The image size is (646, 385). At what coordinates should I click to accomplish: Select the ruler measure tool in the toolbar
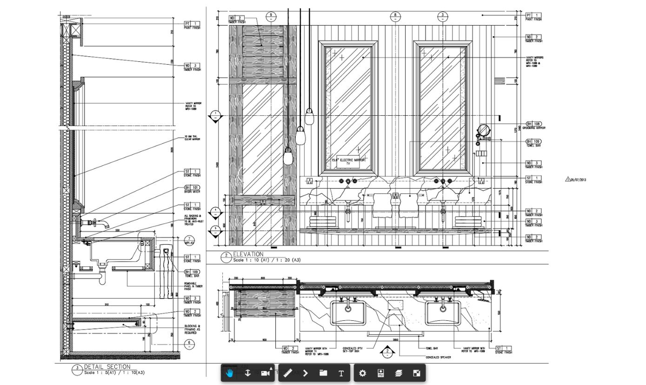[287, 373]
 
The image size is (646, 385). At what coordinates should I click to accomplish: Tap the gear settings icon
[363, 373]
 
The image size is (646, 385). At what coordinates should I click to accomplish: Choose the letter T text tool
[341, 373]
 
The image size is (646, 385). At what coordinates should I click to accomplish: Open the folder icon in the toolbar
[323, 373]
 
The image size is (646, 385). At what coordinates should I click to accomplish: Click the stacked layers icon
[399, 373]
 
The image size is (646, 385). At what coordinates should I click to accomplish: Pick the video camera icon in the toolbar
[266, 373]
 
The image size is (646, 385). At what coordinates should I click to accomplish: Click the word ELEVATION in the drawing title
[248, 254]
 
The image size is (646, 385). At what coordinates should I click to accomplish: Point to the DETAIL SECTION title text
[107, 367]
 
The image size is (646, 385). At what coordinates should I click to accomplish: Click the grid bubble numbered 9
[271, 15]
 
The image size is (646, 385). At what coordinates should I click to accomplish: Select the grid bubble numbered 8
[395, 15]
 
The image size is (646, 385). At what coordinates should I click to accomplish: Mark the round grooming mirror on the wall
[484, 129]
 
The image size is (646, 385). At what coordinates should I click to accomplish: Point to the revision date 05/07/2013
[579, 179]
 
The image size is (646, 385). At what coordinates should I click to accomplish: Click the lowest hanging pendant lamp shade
[288, 157]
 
